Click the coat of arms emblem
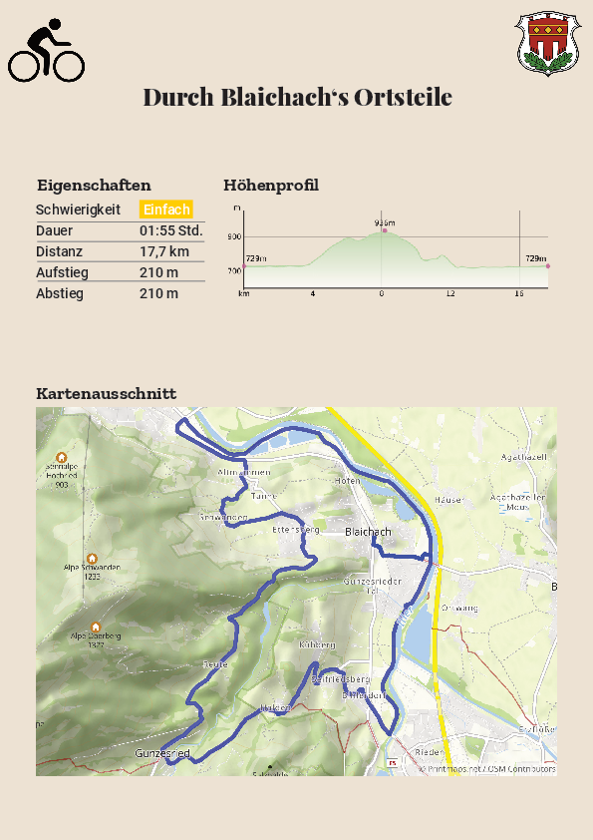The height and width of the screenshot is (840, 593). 547,44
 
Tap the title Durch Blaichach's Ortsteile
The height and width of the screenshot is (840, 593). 297,98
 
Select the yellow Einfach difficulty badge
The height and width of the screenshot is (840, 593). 165,210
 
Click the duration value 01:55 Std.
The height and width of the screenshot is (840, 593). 170,230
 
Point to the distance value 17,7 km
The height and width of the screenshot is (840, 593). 163,251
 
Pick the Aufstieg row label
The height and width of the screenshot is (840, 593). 62,272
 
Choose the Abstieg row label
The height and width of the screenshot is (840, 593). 60,293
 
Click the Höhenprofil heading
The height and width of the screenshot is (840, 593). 271,186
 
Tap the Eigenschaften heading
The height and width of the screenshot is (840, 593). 94,186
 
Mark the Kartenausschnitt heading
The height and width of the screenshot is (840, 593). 106,394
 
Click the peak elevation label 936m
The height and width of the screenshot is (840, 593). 385,222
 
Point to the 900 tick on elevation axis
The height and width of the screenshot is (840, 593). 234,236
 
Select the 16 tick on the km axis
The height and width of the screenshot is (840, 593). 519,294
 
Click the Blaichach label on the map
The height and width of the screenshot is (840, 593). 368,533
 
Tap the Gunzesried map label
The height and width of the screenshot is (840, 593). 162,753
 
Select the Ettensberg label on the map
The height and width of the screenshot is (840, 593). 296,530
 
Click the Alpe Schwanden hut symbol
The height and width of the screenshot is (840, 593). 92,559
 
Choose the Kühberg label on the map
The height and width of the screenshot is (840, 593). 317,645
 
